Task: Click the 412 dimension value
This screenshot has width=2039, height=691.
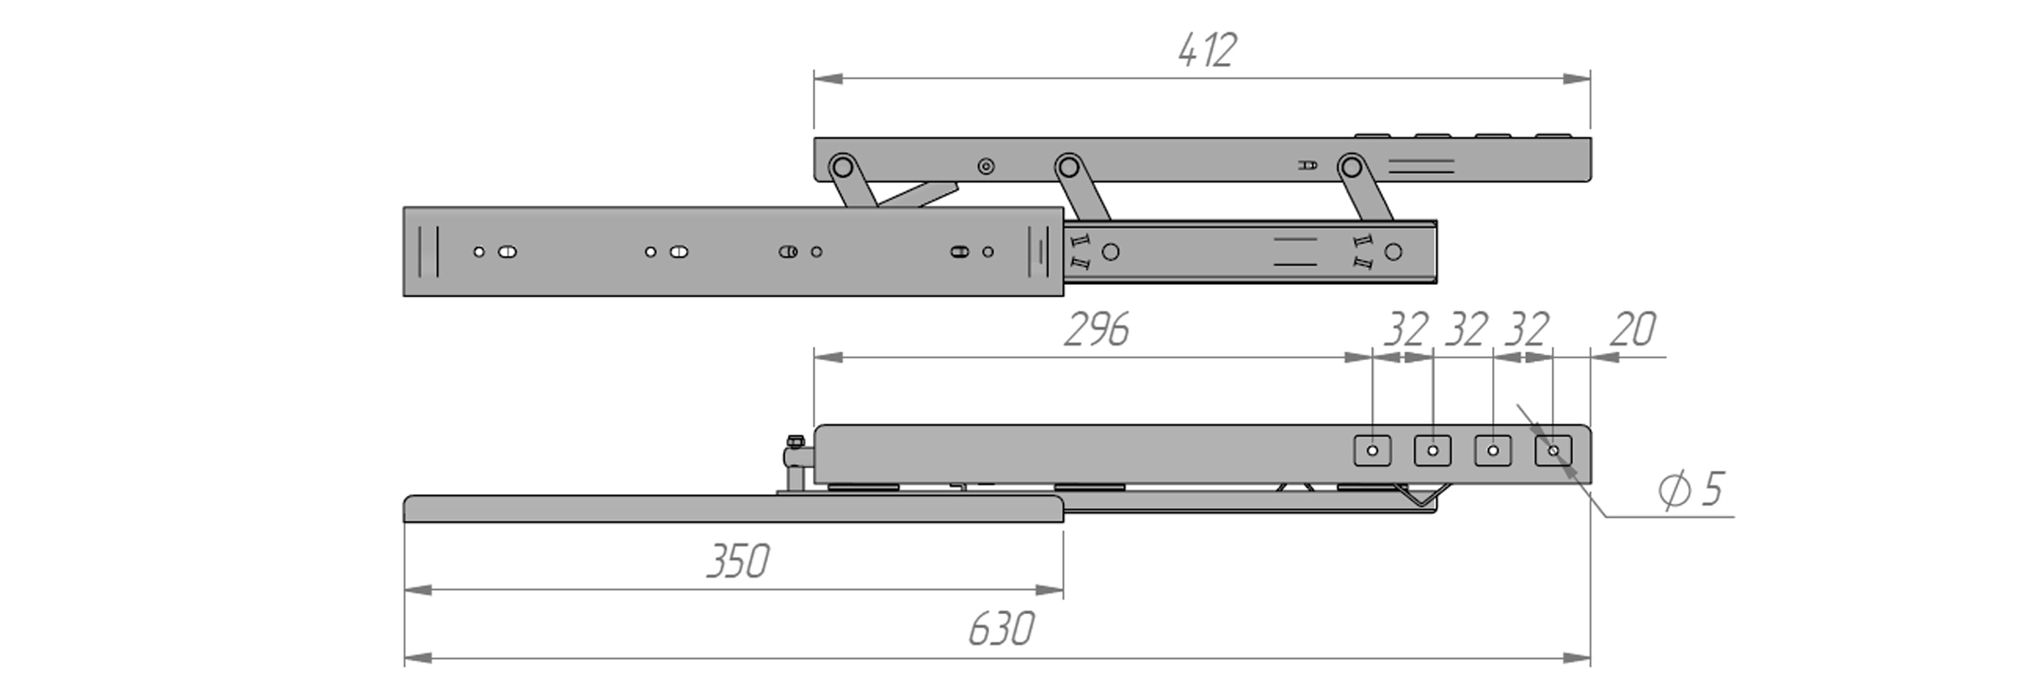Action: tap(1207, 50)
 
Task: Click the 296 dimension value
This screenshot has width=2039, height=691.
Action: tap(1096, 330)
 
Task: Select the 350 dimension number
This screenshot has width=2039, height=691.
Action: tap(737, 562)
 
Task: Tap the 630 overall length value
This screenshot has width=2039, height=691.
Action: tap(1000, 630)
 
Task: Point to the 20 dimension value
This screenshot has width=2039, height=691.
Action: tap(1632, 330)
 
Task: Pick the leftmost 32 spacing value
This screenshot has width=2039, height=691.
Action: tap(1406, 330)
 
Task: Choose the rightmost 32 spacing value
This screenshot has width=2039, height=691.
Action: tap(1526, 330)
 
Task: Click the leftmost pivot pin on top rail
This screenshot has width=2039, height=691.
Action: tap(842, 166)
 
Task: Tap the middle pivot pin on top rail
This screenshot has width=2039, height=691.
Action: tap(1068, 166)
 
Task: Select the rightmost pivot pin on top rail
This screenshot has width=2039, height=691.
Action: tap(1351, 166)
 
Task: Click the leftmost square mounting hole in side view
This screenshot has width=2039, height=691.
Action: tap(1372, 451)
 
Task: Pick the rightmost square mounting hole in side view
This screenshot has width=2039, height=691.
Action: tap(1553, 451)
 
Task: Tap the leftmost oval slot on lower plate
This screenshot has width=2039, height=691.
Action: tap(507, 252)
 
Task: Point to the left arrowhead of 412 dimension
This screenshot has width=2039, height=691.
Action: tap(828, 79)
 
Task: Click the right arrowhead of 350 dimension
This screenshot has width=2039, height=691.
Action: tap(1050, 591)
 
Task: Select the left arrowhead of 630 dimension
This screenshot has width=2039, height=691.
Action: tap(418, 659)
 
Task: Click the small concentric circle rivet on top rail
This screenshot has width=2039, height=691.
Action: tap(986, 167)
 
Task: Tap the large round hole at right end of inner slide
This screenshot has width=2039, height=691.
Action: tap(1393, 252)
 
